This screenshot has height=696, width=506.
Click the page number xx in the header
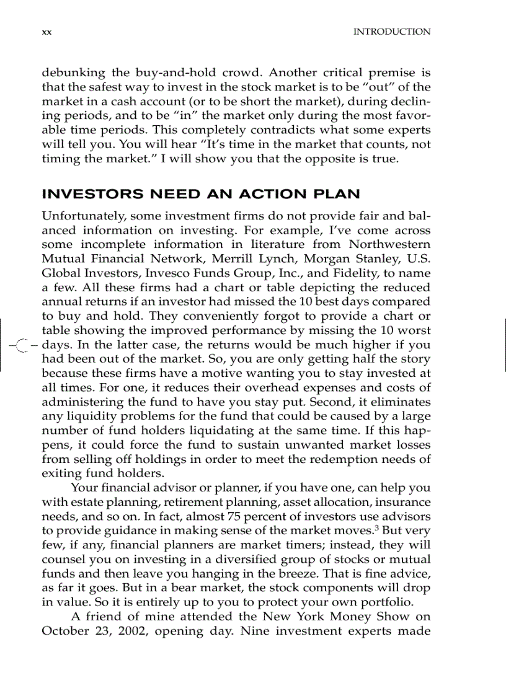46,32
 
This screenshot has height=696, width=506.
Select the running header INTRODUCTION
391,32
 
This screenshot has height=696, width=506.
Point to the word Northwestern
389,245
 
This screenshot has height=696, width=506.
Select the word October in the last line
63,631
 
